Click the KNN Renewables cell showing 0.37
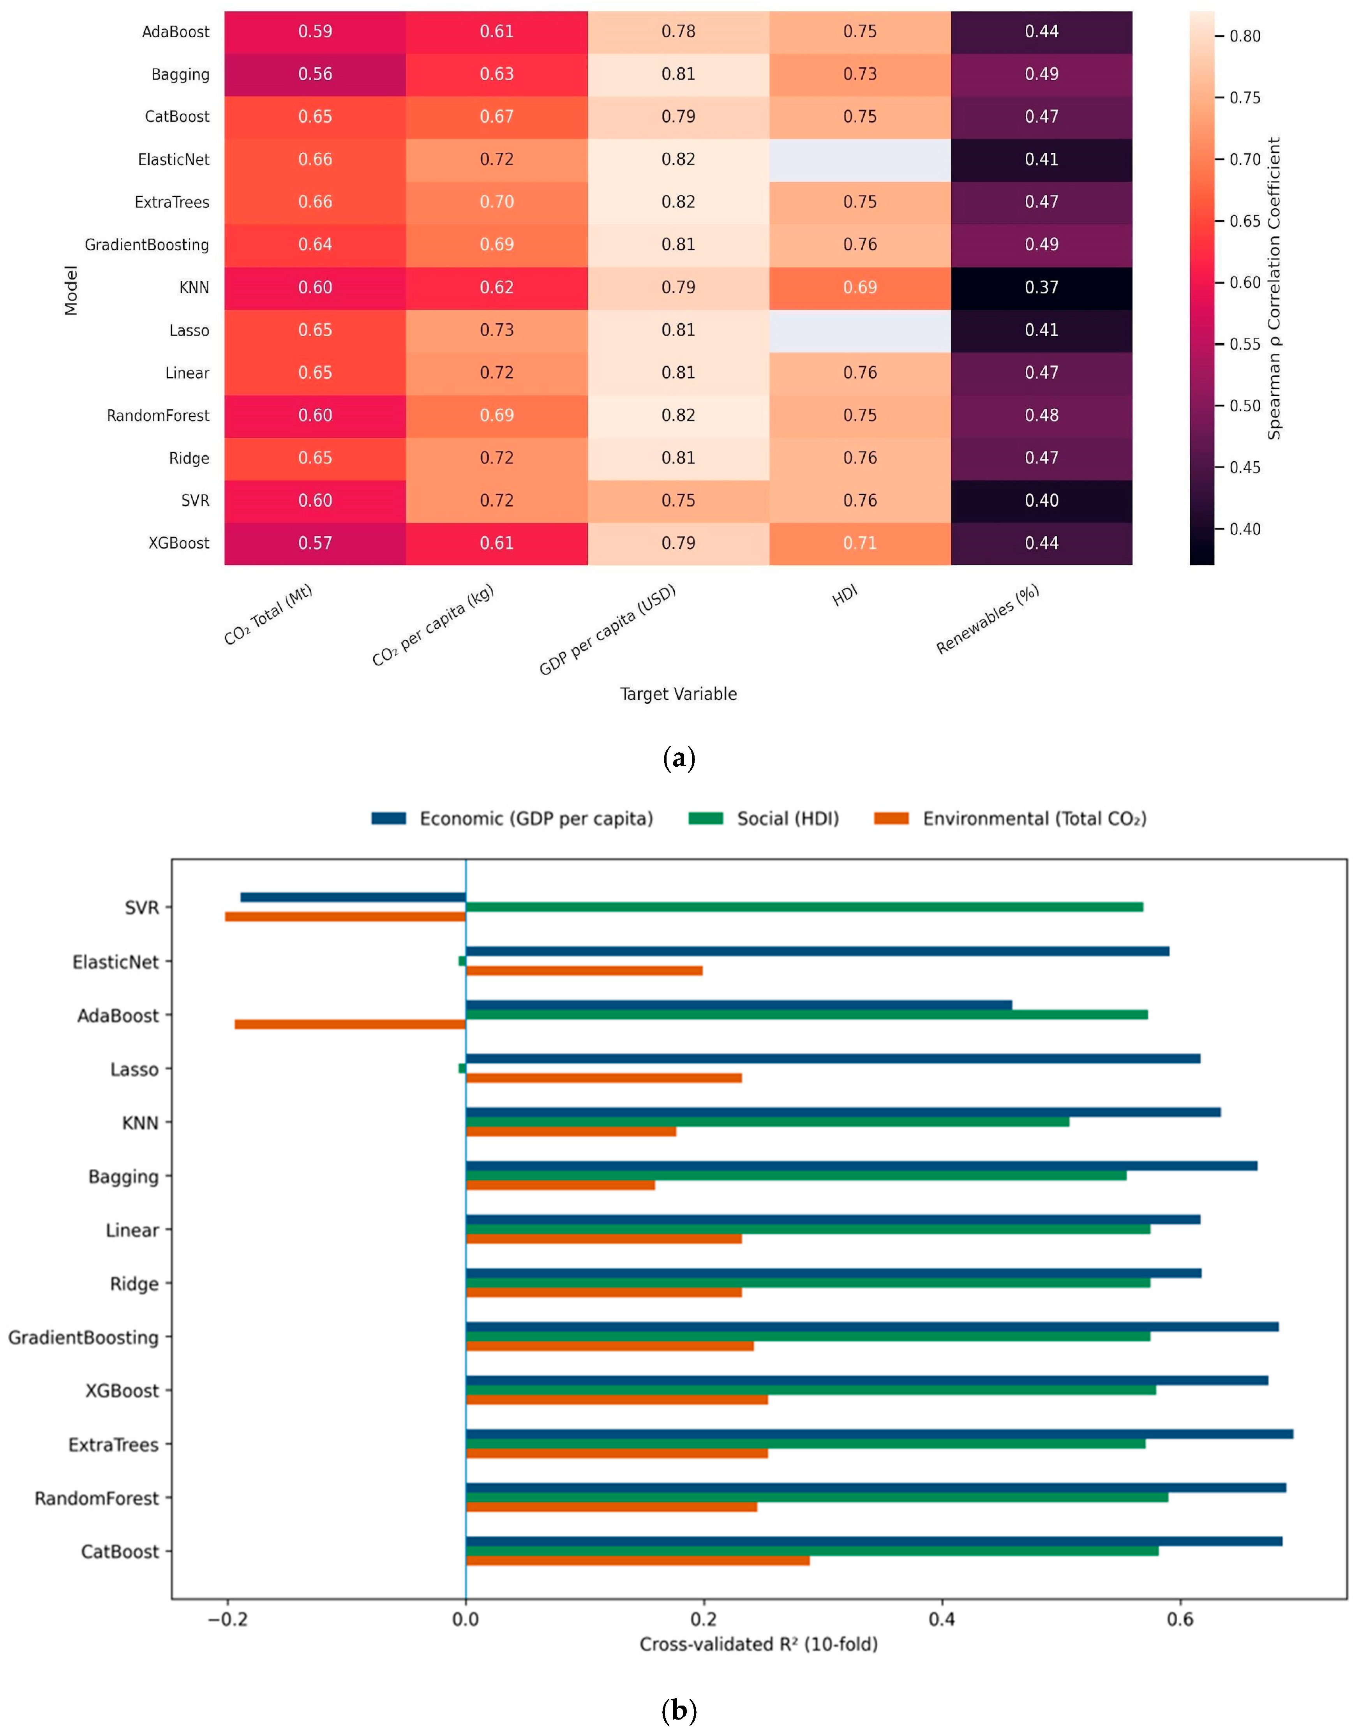[x=1041, y=288]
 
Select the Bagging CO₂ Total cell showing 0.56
[x=315, y=74]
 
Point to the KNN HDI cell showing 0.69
[x=860, y=288]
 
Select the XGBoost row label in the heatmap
[x=179, y=543]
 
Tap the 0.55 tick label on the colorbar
[x=1245, y=344]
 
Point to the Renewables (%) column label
[x=987, y=619]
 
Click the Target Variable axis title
[x=678, y=694]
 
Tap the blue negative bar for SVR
[x=353, y=897]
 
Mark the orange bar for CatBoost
[x=638, y=1560]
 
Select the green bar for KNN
[x=767, y=1122]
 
